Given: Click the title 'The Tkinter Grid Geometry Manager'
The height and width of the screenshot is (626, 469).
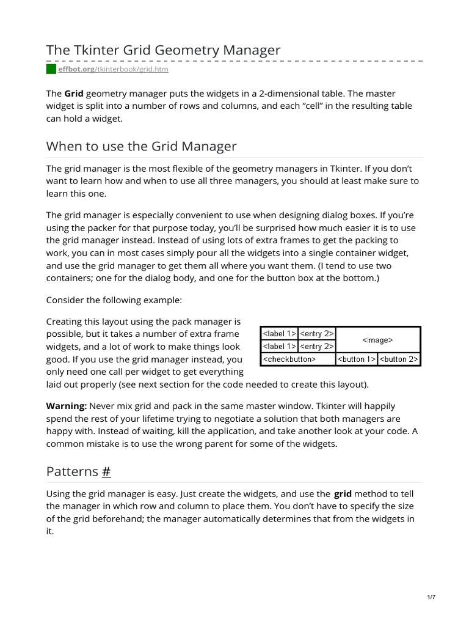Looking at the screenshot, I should tap(163, 50).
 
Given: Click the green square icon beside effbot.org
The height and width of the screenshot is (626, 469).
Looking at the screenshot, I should tap(51, 69).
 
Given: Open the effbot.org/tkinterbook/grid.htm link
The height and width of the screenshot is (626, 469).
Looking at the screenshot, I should tap(113, 70).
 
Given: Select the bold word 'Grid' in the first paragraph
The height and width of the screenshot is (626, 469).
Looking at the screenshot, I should tap(74, 94).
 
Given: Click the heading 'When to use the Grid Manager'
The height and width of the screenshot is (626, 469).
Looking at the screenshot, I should tap(141, 146).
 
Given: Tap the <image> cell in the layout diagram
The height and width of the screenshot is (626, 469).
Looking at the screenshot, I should tap(377, 340).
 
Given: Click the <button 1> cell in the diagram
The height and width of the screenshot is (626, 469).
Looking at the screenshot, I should tap(357, 359).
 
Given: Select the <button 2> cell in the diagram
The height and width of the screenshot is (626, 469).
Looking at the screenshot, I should tap(399, 359).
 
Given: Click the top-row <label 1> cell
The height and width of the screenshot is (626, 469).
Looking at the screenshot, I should tap(279, 334).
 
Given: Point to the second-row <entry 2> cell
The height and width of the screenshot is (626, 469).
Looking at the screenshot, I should tap(316, 347).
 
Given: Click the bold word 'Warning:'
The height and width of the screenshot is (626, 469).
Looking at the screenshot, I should tap(67, 406).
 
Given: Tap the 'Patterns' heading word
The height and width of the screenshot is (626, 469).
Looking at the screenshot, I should tap(72, 471).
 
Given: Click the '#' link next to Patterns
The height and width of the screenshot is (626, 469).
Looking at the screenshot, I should tap(106, 471).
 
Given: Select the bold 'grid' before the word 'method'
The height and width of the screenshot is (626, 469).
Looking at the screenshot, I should tap(342, 494).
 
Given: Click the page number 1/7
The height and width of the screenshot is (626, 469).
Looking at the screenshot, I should tap(431, 597).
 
